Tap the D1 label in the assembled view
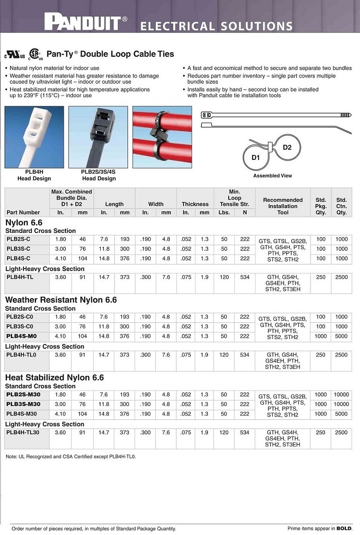tap(256, 157)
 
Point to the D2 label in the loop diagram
tap(287, 147)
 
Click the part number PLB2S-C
tap(18, 239)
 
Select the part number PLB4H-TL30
tap(23, 432)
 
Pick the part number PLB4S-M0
tap(21, 336)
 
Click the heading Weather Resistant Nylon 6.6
tap(61, 300)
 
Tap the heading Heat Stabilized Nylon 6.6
tap(54, 377)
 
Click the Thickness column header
tap(195, 204)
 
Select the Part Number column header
tap(23, 212)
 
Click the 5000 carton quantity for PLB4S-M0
tap(341, 336)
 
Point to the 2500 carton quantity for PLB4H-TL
tap(341, 277)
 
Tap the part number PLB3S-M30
tap(23, 404)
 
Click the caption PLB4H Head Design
tap(34, 176)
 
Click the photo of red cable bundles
tap(162, 137)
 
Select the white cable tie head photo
tap(34, 137)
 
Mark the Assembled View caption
tap(272, 176)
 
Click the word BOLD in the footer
tap(344, 528)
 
